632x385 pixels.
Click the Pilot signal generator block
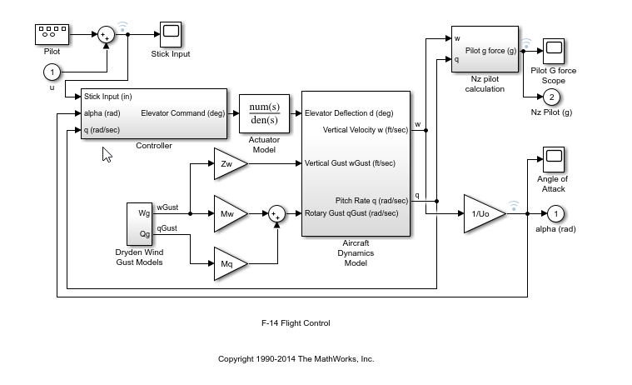[52, 33]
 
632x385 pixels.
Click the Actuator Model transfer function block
[263, 113]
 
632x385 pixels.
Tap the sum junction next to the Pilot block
[107, 34]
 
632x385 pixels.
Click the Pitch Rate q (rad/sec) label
[371, 200]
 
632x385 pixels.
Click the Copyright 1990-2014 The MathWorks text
[296, 359]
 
